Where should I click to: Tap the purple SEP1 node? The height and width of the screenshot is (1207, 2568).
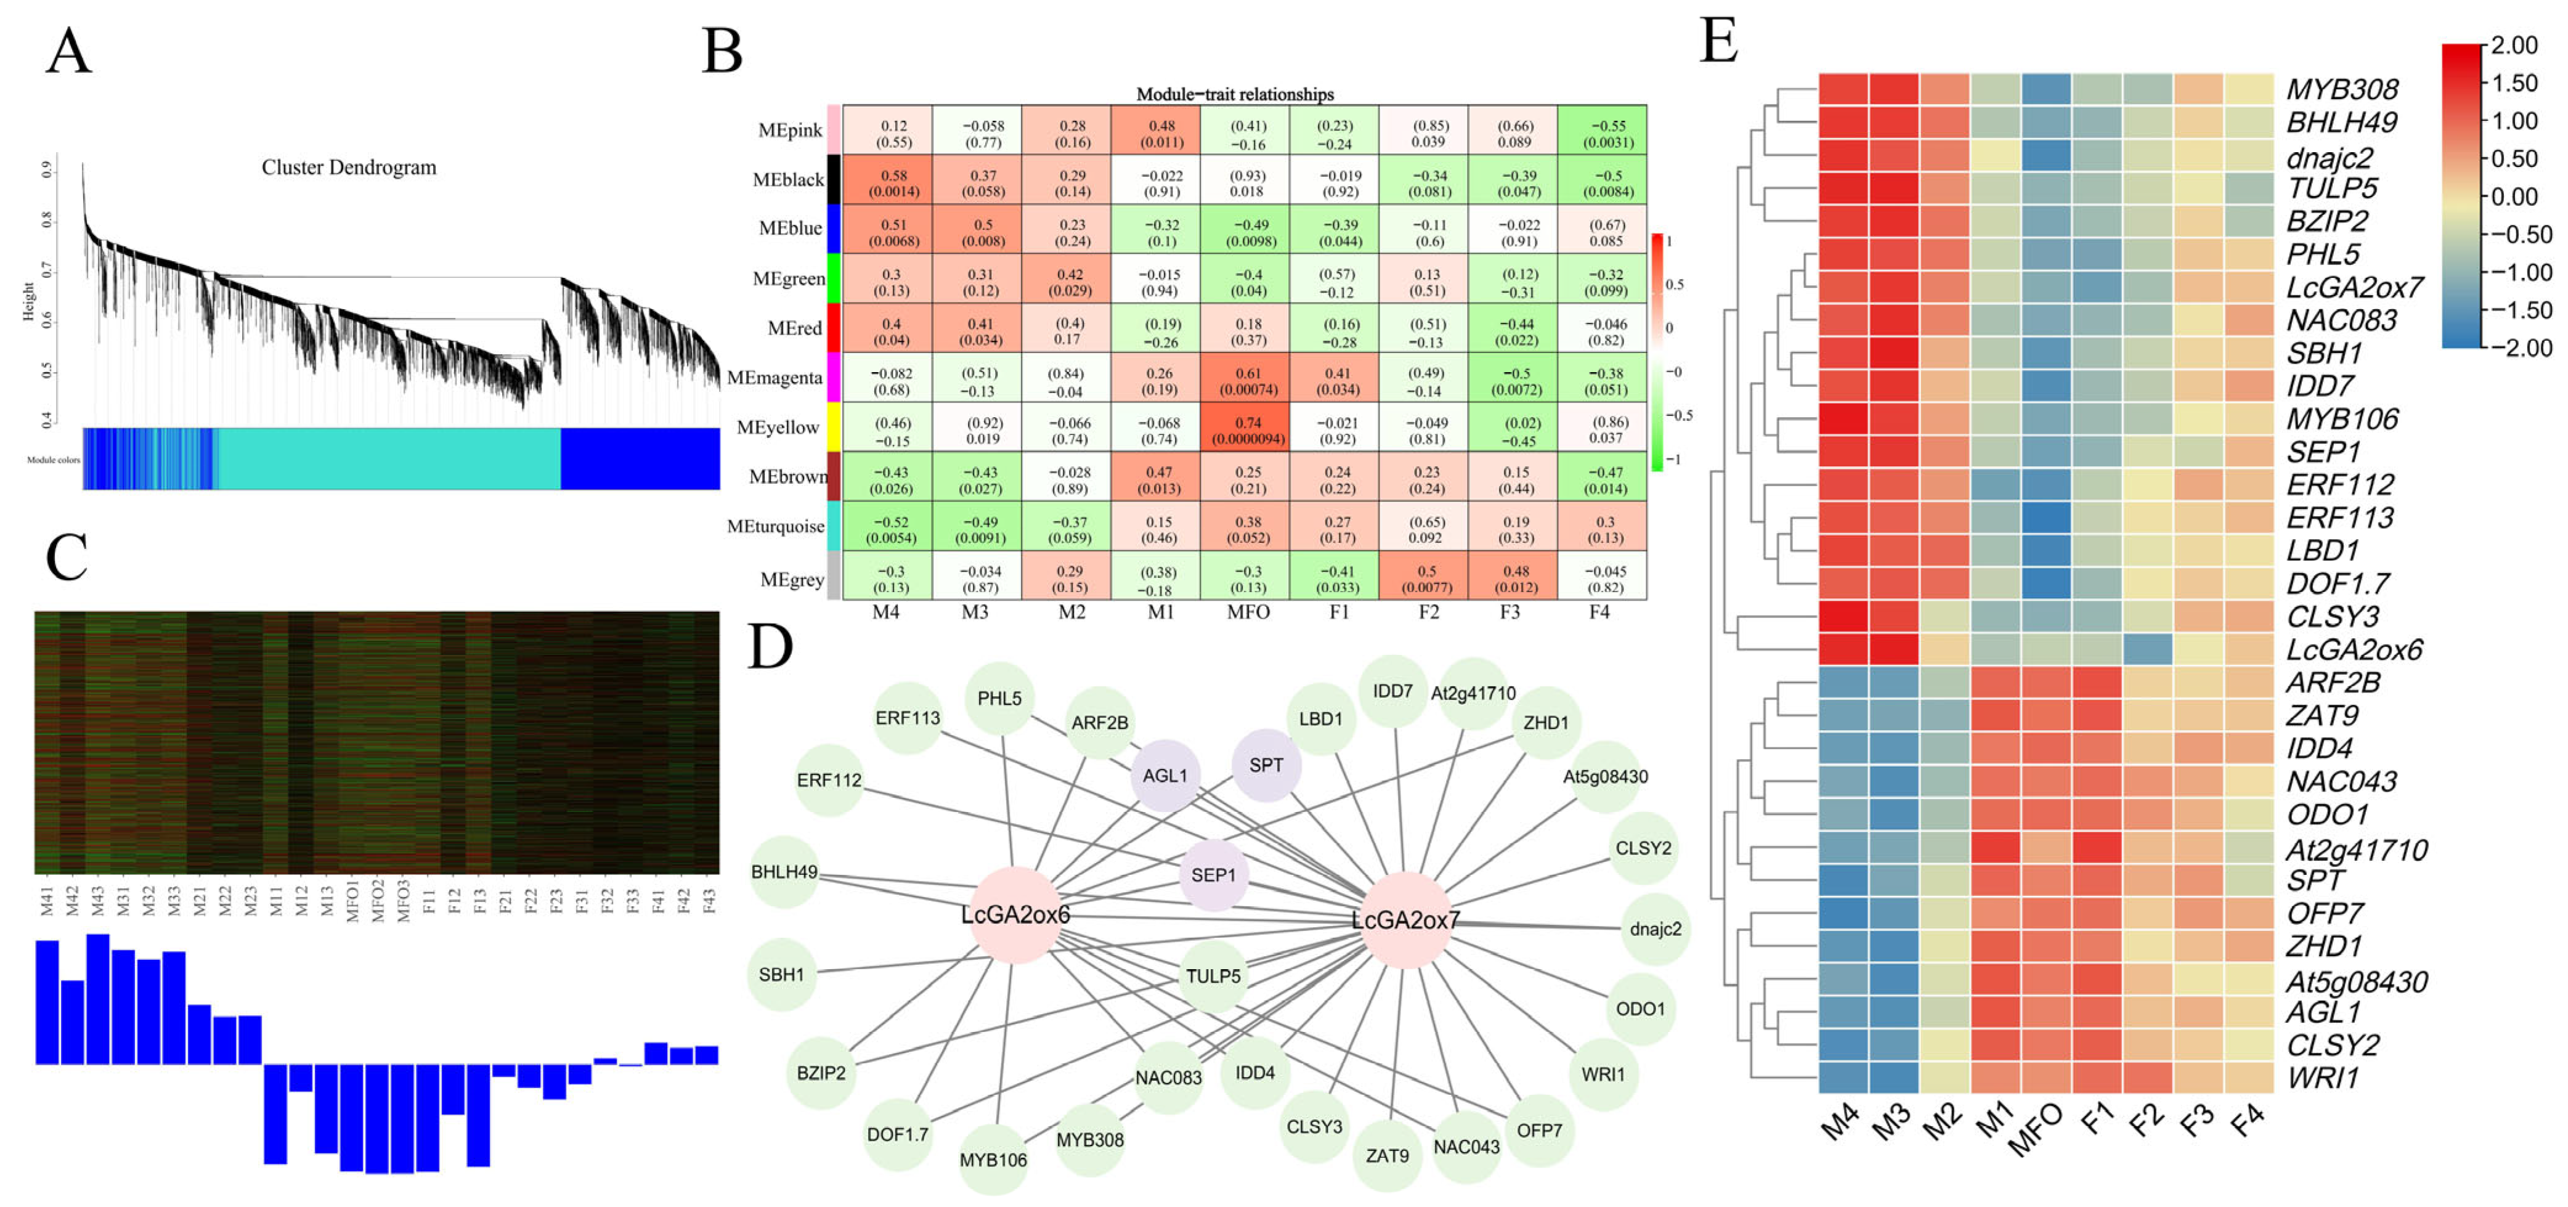click(1213, 875)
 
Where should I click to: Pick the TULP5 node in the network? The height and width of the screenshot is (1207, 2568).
click(1213, 976)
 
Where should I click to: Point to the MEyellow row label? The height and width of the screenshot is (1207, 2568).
click(778, 428)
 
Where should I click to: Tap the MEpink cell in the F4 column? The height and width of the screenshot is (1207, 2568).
click(1603, 132)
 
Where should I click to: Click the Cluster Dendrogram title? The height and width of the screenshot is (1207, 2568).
click(349, 168)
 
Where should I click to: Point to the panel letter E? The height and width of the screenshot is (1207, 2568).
click(1718, 42)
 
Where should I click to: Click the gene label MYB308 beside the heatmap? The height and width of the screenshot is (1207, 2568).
click(2342, 90)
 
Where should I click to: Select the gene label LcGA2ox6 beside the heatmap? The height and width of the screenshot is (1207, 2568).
click(2354, 650)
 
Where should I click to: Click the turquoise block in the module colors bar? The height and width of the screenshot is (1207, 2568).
click(389, 458)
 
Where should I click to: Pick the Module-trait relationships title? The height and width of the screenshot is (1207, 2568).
click(1235, 94)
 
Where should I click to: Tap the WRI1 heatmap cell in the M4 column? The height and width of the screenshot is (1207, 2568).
click(1843, 1078)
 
